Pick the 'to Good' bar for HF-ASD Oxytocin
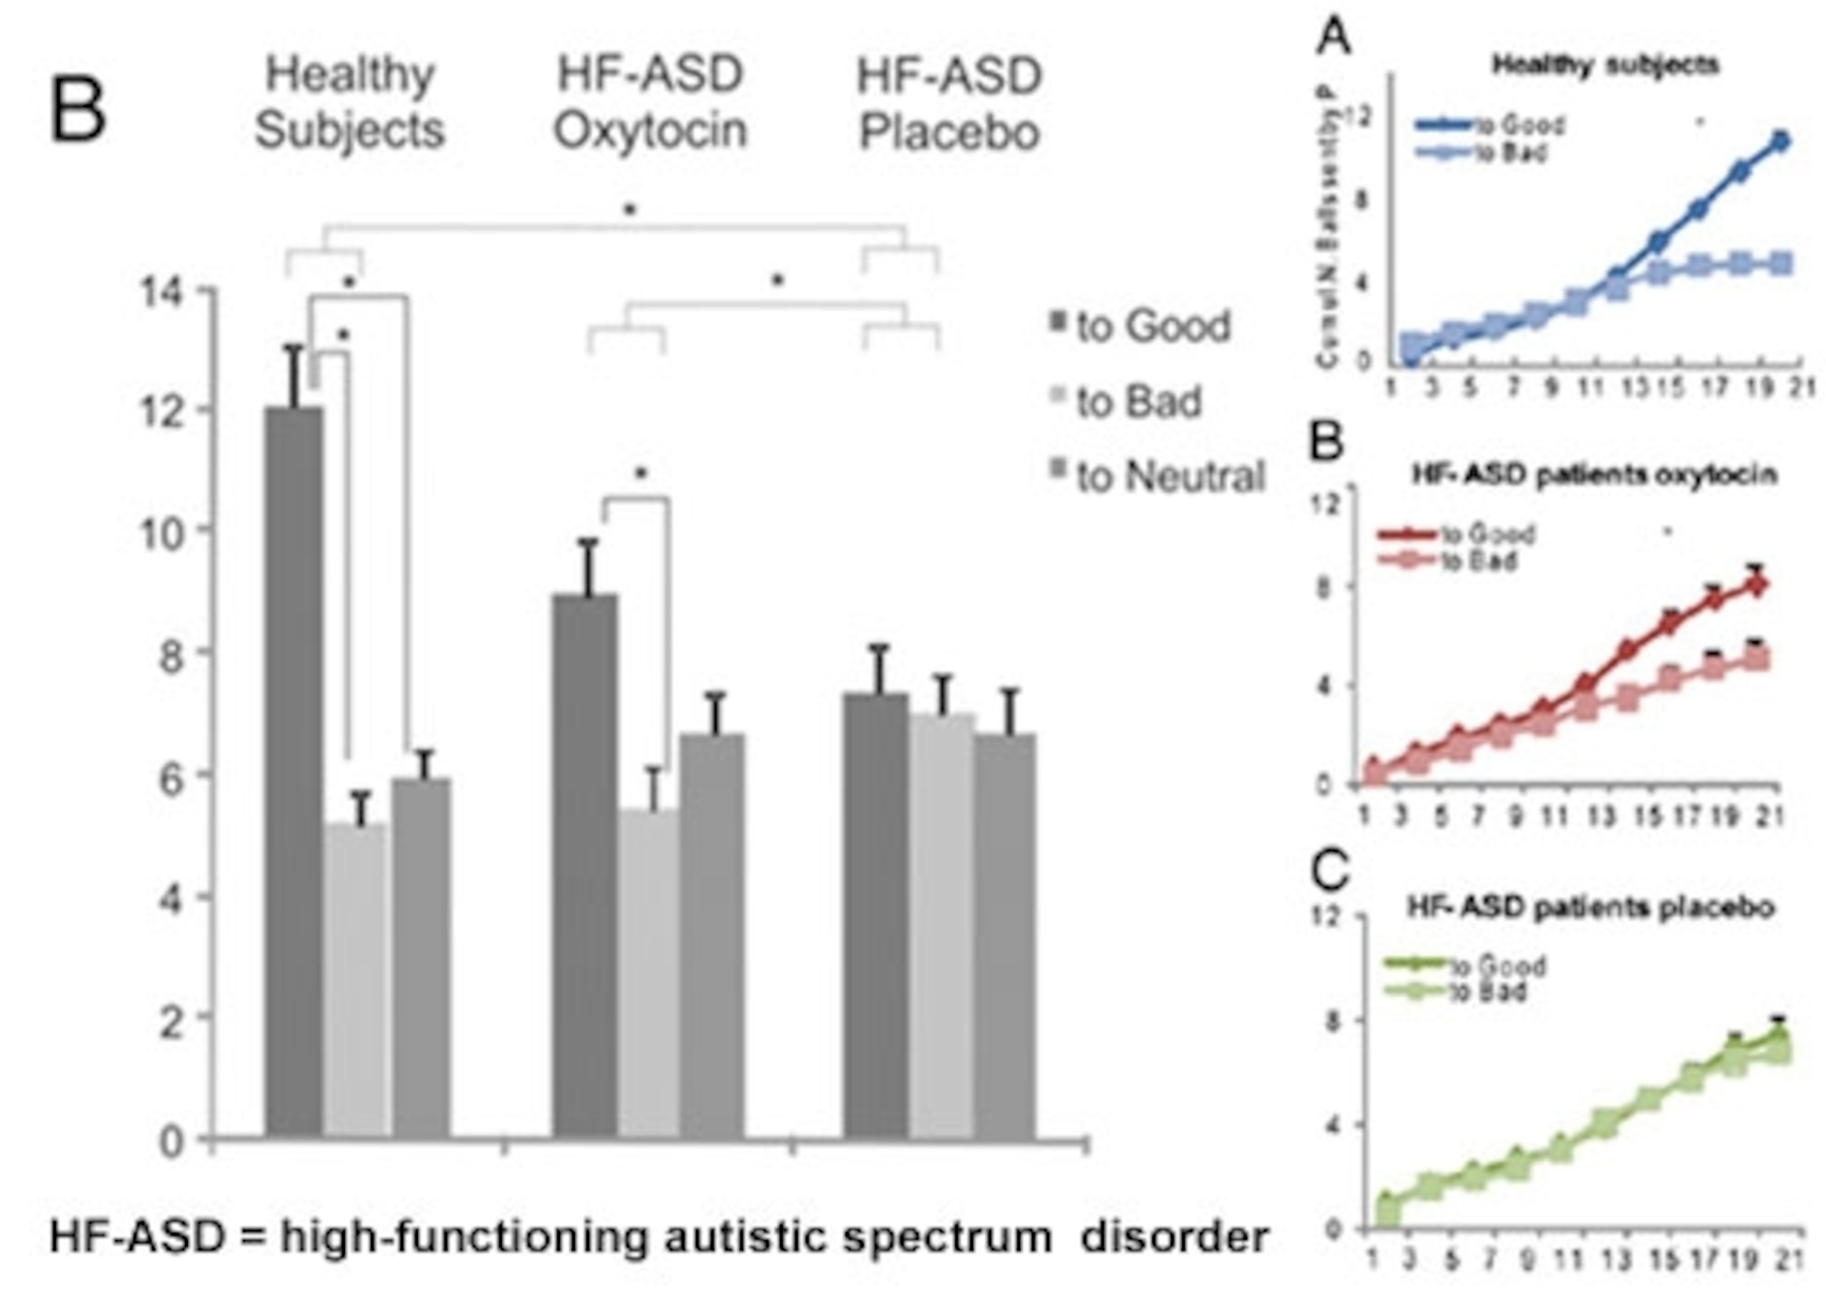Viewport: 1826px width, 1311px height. click(585, 865)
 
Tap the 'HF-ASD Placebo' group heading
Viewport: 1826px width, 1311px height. click(949, 105)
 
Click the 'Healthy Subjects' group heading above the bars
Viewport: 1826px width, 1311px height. click(350, 102)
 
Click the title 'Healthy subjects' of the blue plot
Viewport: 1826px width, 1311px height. click(1605, 64)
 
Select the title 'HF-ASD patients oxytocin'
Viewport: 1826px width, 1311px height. click(1594, 474)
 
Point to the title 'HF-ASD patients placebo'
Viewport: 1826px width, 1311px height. click(1590, 907)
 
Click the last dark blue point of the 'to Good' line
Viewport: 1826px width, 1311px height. click(1780, 141)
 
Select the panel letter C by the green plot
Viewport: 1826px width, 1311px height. click(1328, 869)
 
